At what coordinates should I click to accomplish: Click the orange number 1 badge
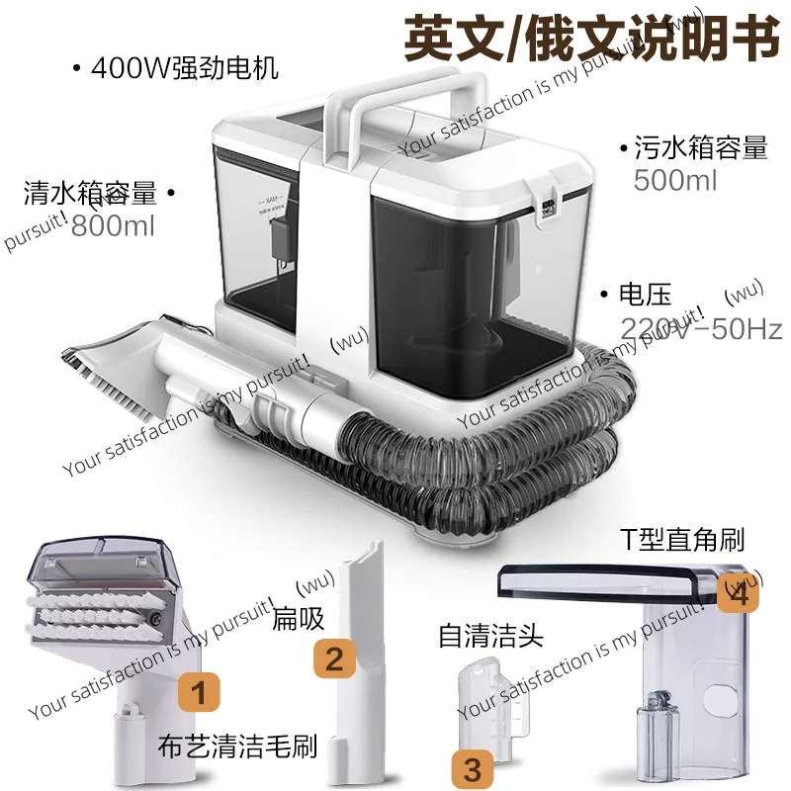pos(200,693)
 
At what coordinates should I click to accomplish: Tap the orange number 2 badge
pos(335,659)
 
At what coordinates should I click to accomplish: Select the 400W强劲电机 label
pos(183,69)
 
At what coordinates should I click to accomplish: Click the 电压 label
pos(645,295)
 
